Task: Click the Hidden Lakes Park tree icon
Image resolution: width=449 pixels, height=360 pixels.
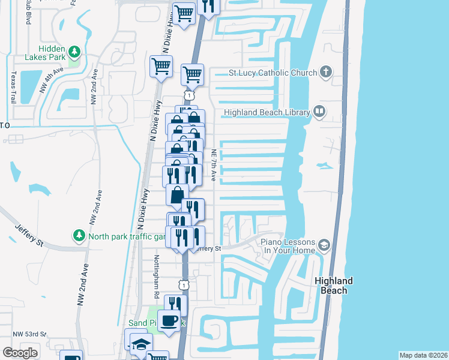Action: click(74, 52)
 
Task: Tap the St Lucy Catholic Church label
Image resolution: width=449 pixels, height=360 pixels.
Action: click(273, 73)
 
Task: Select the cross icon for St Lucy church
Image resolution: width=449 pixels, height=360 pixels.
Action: click(326, 73)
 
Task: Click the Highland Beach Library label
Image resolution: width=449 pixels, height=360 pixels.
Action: click(267, 112)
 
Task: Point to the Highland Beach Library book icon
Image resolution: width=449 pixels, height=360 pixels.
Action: click(320, 112)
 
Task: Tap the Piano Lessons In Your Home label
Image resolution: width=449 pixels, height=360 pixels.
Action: click(287, 246)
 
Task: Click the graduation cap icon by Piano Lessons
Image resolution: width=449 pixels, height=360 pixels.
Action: click(325, 245)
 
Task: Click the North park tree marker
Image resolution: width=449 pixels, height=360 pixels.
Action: click(78, 235)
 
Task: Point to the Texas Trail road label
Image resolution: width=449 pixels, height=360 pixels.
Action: click(13, 87)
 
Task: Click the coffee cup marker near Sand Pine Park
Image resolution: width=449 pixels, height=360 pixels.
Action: click(169, 320)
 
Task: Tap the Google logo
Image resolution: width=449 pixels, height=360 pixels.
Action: click(20, 353)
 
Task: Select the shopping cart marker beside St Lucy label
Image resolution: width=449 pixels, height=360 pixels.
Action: click(192, 75)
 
